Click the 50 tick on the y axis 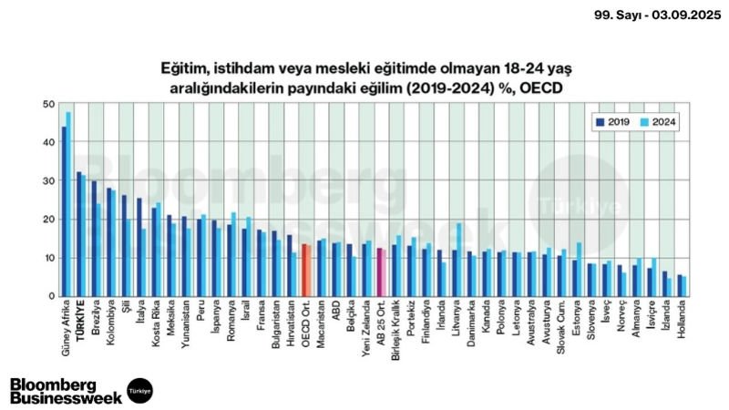point(49,104)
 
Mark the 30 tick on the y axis point(49,180)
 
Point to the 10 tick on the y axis point(49,258)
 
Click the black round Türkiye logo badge point(139,389)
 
